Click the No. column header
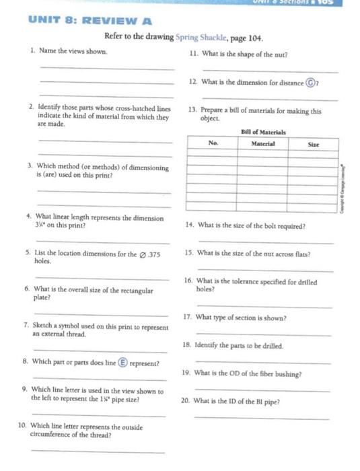coord(213,143)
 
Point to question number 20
coord(184,401)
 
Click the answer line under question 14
coord(265,243)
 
